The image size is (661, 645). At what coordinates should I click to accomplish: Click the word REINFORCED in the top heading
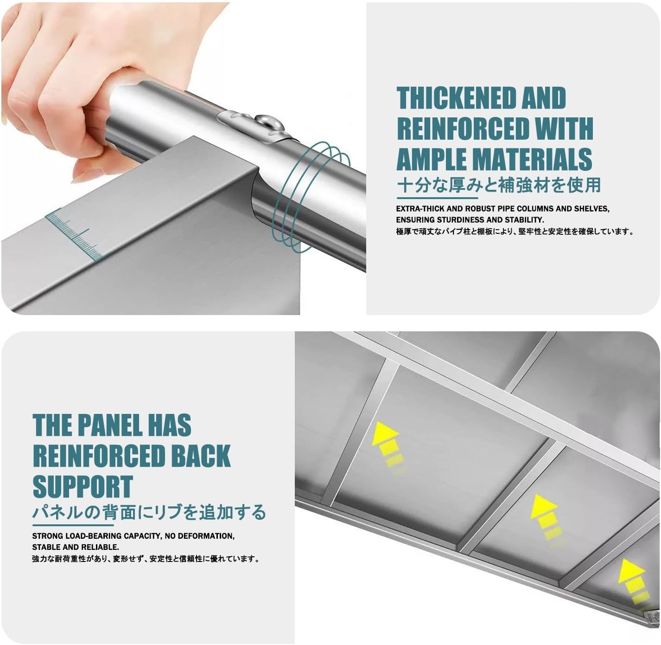[462, 128]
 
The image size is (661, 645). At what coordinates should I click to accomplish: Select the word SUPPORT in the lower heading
[83, 486]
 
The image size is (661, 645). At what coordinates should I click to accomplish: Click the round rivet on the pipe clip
[267, 122]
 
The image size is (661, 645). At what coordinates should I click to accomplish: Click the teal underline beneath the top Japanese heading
[438, 198]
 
